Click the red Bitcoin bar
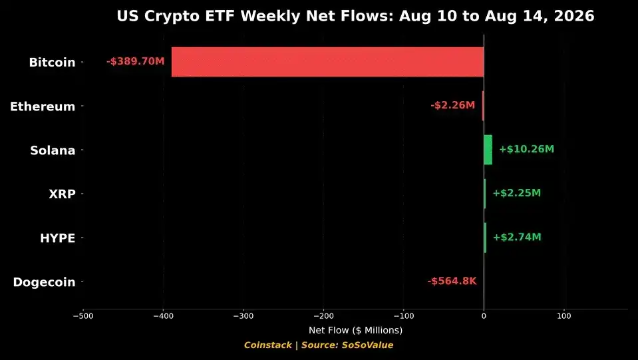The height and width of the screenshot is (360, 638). pos(327,62)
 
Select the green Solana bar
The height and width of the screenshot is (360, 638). pos(488,150)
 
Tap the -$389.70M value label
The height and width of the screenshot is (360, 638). pos(136,61)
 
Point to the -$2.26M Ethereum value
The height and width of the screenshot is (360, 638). pos(452,105)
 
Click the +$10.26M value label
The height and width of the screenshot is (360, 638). pos(526,149)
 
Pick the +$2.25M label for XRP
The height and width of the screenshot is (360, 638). pos(517,193)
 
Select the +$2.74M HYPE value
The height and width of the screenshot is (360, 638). pos(517,237)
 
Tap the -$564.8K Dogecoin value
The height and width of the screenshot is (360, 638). pos(452,281)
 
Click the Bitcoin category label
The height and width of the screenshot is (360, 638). pos(52,63)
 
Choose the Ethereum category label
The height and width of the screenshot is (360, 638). pos(43,106)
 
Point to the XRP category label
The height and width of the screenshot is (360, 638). pos(63,194)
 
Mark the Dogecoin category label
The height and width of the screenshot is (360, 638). pos(45,282)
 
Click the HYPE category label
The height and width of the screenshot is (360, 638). pos(58,238)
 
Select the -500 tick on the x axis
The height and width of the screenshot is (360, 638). pos(83,316)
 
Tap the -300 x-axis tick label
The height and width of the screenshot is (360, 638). pos(243,316)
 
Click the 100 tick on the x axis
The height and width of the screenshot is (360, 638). pos(564,316)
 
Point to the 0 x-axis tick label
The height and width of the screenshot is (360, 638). pos(484,316)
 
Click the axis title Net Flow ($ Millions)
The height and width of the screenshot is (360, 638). pos(356,330)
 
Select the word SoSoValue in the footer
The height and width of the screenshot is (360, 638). pos(367,345)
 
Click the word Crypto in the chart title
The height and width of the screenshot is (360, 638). pos(178,16)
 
